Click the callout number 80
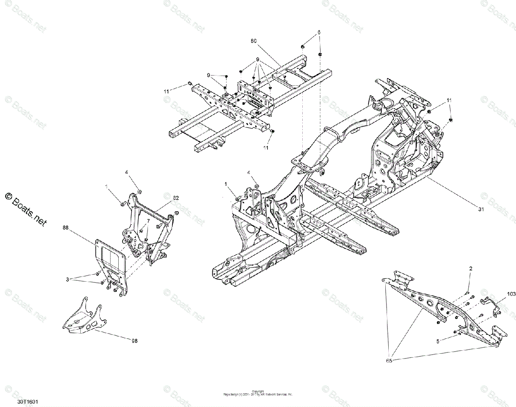click(253, 41)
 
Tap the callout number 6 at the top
click(319, 32)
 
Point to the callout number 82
click(176, 198)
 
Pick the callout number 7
click(148, 221)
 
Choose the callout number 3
click(68, 279)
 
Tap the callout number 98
click(135, 340)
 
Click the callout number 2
click(471, 269)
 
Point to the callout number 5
click(438, 342)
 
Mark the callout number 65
click(389, 361)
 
